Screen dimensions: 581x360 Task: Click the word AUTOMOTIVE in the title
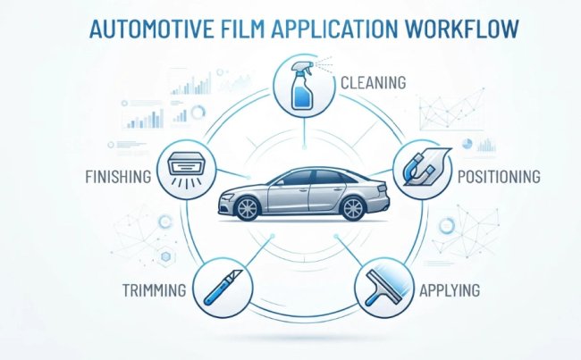(x=152, y=29)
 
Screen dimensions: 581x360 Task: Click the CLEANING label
(x=373, y=82)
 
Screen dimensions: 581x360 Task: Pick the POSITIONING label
(x=499, y=177)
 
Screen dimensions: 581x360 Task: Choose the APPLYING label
(x=450, y=290)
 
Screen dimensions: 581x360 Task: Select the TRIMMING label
(x=154, y=290)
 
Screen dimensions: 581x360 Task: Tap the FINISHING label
(x=118, y=177)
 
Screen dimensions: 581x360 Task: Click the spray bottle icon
(x=303, y=86)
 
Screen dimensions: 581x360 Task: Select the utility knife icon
(x=223, y=287)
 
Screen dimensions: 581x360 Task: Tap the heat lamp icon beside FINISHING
(x=186, y=169)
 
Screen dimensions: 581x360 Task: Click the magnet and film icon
(x=425, y=167)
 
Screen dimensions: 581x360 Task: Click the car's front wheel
(x=248, y=208)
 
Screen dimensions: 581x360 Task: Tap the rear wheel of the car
(x=353, y=208)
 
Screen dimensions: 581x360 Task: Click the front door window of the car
(x=297, y=178)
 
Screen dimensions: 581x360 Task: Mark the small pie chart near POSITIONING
(x=467, y=144)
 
